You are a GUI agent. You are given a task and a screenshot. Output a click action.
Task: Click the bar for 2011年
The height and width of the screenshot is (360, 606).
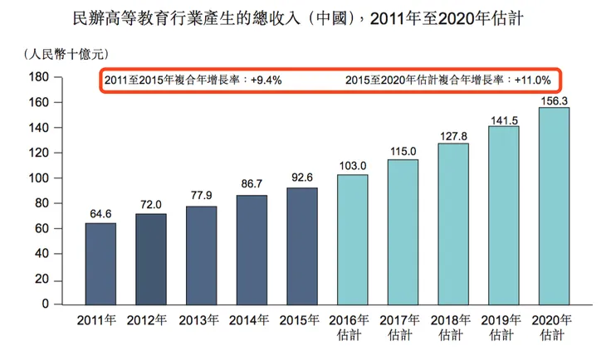100,264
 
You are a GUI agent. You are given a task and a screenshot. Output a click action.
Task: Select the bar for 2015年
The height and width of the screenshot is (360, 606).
302,246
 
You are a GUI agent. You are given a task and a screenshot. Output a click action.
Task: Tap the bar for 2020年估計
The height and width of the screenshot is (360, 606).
554,206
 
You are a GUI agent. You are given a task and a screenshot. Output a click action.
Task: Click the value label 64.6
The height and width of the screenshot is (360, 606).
100,214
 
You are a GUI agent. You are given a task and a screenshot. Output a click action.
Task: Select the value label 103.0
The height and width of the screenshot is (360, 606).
352,166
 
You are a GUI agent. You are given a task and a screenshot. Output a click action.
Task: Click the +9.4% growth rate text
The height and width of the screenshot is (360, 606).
266,81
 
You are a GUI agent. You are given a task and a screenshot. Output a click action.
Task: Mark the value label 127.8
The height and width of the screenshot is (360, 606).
453,134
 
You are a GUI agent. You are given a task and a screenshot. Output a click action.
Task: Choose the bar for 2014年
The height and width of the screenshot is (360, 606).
252,250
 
